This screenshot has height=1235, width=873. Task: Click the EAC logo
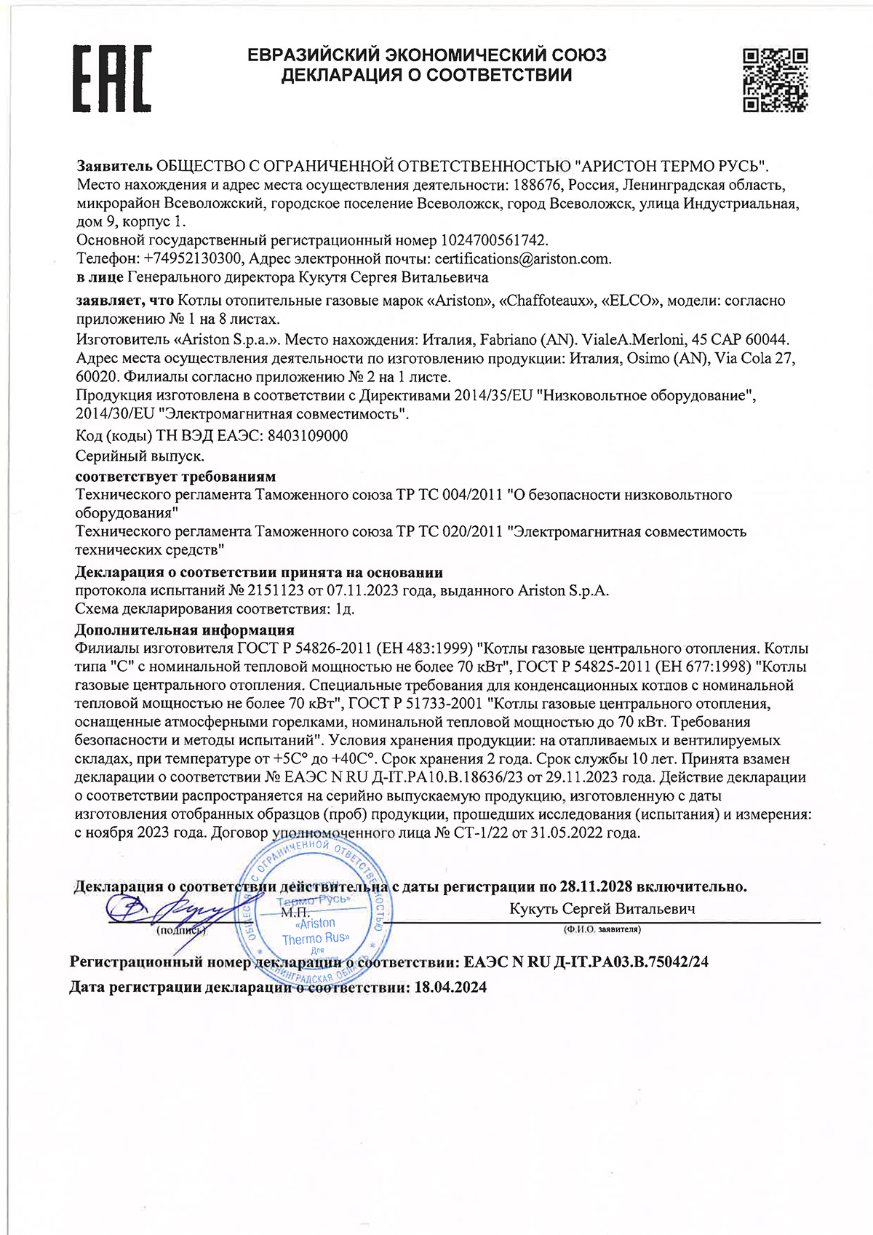pyautogui.click(x=111, y=79)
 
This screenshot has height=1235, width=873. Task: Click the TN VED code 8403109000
pyautogui.click(x=308, y=436)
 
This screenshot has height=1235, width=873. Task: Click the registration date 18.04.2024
pyautogui.click(x=450, y=988)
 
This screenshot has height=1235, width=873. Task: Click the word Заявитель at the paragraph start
pyautogui.click(x=114, y=166)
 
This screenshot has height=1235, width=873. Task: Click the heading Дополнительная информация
pyautogui.click(x=185, y=630)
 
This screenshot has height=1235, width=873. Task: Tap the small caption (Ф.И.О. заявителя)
pyautogui.click(x=602, y=929)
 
